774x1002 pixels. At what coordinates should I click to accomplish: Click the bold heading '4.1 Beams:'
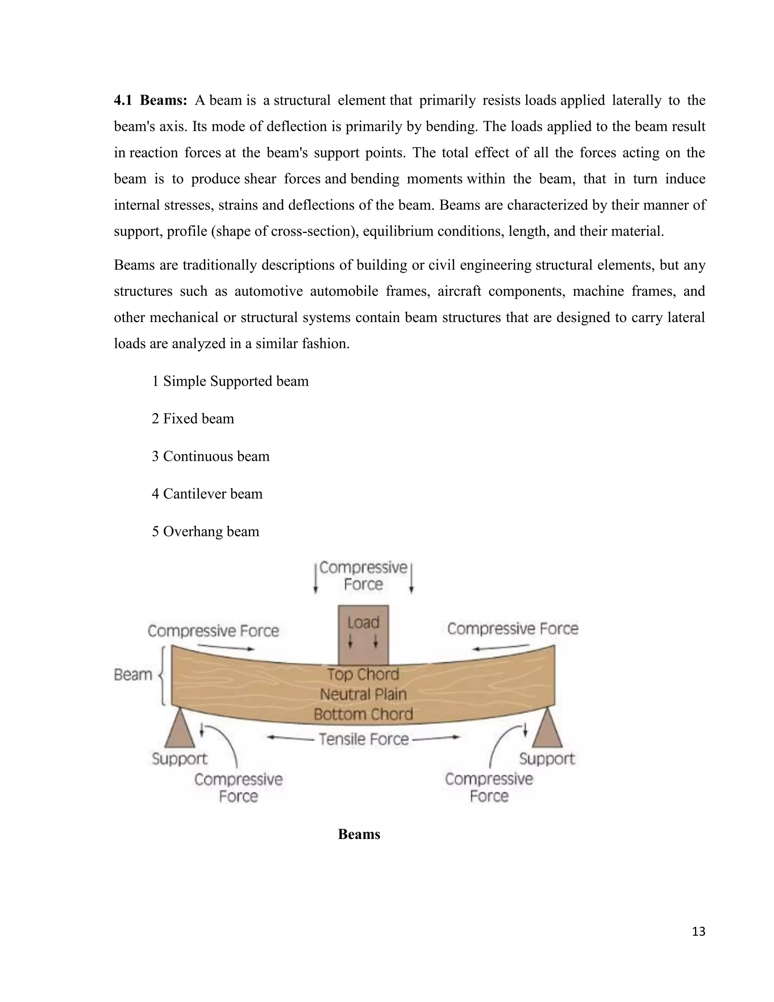click(150, 100)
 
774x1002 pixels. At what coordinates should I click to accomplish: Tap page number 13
click(698, 931)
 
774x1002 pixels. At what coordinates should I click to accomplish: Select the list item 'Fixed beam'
click(193, 419)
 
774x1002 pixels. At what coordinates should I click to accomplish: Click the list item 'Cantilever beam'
click(207, 494)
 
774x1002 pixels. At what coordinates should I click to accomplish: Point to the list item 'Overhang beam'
click(206, 531)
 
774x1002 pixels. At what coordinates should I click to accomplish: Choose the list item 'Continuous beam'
click(211, 456)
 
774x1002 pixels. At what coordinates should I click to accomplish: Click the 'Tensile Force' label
click(364, 739)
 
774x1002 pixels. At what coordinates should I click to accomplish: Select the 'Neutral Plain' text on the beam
click(363, 694)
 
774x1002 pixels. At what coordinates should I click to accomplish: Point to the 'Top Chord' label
click(363, 675)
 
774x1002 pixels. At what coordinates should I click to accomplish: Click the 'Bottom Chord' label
click(363, 714)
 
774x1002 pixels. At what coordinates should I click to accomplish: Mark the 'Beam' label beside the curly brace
click(133, 675)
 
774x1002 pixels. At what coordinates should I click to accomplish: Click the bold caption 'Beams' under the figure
click(359, 834)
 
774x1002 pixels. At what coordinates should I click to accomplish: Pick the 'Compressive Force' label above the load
click(363, 576)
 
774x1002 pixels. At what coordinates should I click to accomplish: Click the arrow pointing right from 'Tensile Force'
click(436, 737)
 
